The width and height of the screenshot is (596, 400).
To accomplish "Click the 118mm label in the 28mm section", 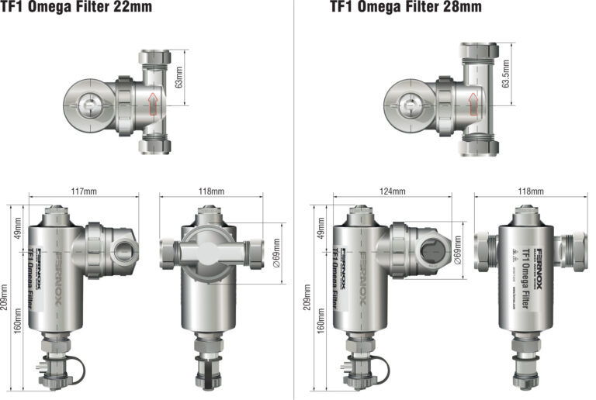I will tap(531, 191).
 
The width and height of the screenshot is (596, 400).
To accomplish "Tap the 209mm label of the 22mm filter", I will tap(7, 297).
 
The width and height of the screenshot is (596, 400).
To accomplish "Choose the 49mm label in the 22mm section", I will tap(18, 234).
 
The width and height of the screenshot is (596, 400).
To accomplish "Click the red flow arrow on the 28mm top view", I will tap(472, 102).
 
